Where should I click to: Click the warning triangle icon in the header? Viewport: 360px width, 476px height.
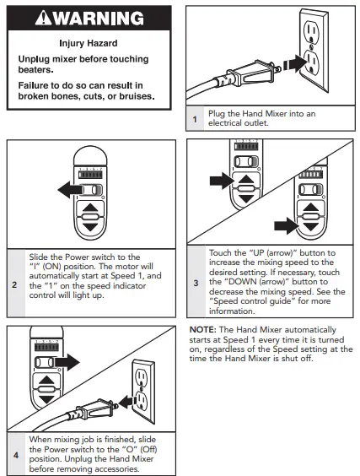pos(44,18)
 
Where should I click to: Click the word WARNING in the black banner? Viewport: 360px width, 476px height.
pos(99,19)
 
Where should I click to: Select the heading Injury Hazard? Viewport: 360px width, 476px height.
pos(89,43)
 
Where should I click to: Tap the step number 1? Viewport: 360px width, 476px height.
pos(195,119)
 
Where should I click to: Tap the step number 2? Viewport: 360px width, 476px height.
pos(14,284)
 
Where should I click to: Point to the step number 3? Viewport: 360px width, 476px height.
pos(196,283)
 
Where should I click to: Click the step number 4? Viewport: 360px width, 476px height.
pos(16,455)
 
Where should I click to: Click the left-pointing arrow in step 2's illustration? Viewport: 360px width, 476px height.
pos(70,190)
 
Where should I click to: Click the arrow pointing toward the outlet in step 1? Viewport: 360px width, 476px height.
pos(295,64)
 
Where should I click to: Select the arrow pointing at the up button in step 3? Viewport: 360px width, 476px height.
pos(222,181)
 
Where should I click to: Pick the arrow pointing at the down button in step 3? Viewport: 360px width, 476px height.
pos(287,225)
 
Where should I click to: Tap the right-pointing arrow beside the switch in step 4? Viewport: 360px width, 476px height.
pos(67,362)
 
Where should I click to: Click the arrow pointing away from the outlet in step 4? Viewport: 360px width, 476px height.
pos(126,402)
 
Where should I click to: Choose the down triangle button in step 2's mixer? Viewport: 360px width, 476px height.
pos(90,226)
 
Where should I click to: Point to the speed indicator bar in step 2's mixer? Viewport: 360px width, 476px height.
pos(90,176)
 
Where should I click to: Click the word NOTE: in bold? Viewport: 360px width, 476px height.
pos(202,330)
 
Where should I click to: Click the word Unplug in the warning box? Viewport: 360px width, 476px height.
pos(34,59)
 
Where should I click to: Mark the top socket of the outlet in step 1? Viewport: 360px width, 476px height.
pos(311,30)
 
